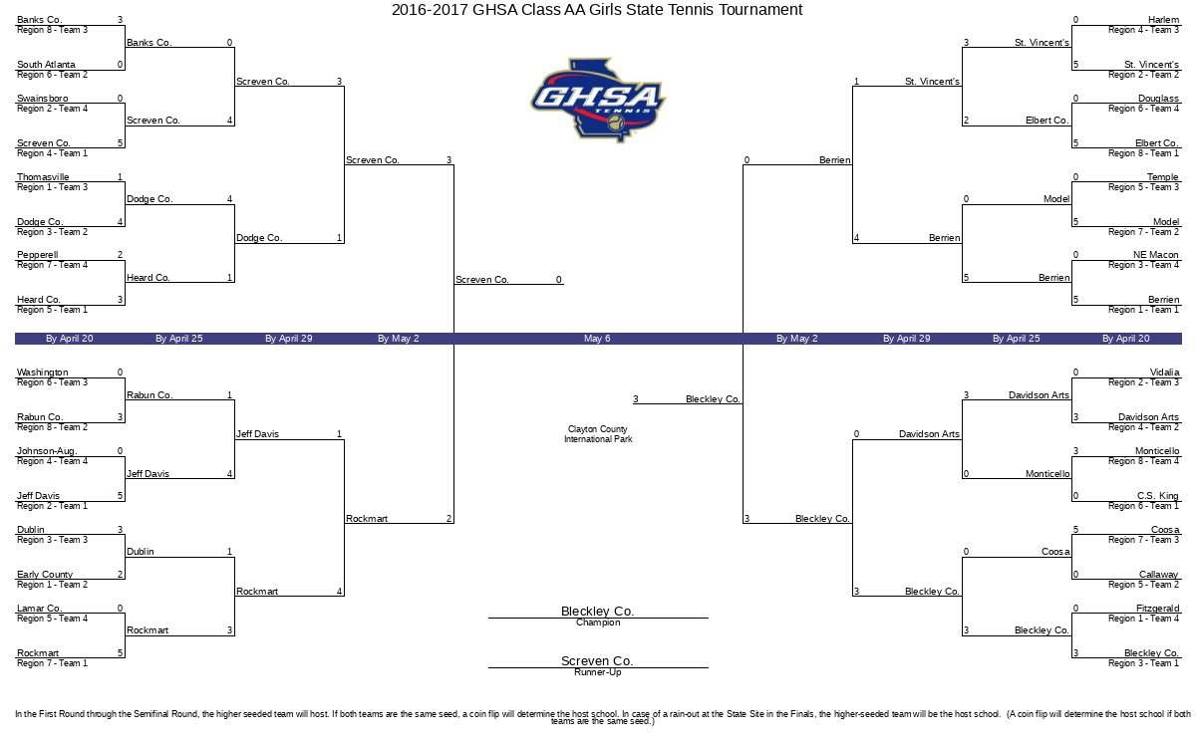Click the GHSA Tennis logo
pyautogui.click(x=598, y=101)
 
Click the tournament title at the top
pyautogui.click(x=597, y=10)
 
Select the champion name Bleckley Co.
pyautogui.click(x=597, y=611)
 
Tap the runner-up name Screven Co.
pyautogui.click(x=597, y=660)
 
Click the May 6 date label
pyautogui.click(x=597, y=339)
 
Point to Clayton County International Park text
pyautogui.click(x=598, y=434)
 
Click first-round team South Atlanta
pyautogui.click(x=46, y=65)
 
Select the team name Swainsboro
pyautogui.click(x=43, y=99)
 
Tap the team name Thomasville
pyautogui.click(x=43, y=176)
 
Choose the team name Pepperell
pyautogui.click(x=38, y=255)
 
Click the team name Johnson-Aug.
pyautogui.click(x=47, y=451)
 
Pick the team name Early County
pyautogui.click(x=45, y=574)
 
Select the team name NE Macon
pyautogui.click(x=1156, y=255)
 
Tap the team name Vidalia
pyautogui.click(x=1164, y=372)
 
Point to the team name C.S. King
pyautogui.click(x=1157, y=496)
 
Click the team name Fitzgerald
pyautogui.click(x=1157, y=608)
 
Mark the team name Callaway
pyautogui.click(x=1158, y=574)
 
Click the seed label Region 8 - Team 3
pyautogui.click(x=52, y=30)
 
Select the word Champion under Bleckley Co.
pyautogui.click(x=598, y=622)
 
